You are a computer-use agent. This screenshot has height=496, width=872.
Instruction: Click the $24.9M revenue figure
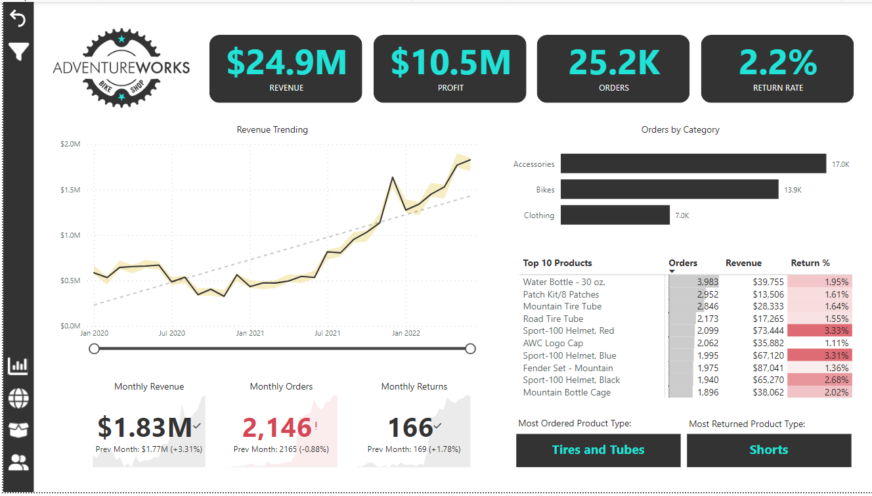point(286,62)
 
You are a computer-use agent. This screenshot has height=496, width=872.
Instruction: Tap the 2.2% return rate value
point(777,62)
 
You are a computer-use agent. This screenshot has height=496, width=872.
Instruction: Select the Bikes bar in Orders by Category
point(669,189)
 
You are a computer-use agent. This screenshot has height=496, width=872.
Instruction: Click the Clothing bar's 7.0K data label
point(682,215)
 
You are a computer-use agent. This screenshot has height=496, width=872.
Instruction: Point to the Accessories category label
point(534,164)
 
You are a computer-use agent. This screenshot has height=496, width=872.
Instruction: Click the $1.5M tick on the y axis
point(70,190)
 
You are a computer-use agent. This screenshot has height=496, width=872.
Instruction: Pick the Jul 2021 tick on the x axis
point(327,333)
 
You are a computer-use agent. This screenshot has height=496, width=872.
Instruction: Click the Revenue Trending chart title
point(272,129)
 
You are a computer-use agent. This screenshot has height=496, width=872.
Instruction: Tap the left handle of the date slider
point(95,348)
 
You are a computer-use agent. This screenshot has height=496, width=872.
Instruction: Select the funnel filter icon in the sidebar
point(18,51)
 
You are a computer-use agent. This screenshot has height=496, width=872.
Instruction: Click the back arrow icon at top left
point(18,19)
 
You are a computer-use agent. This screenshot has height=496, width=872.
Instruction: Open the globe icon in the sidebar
point(18,397)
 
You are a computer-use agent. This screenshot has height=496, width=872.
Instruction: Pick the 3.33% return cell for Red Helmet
point(819,331)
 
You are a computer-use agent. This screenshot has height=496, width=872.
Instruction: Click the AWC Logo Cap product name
point(553,343)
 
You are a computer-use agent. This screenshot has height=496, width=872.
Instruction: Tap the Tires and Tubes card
point(598,450)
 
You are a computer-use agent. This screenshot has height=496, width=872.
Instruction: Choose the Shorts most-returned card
point(769,450)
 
